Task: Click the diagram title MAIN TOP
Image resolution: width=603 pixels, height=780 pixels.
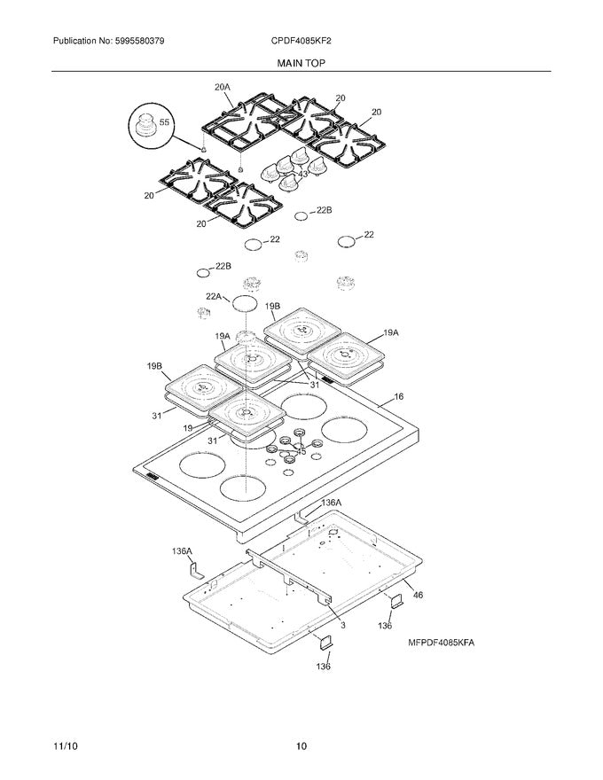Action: click(x=301, y=64)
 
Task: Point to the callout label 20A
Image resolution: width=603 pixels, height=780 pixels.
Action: click(x=222, y=87)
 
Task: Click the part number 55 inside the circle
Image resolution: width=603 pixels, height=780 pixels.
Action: click(x=163, y=121)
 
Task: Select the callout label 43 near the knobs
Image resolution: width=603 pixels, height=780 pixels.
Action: click(x=302, y=175)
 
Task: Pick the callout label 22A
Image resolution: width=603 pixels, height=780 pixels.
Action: click(x=214, y=296)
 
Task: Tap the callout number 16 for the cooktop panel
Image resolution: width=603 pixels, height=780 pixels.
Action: click(x=398, y=397)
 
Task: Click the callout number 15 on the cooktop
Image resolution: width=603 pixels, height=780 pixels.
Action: click(x=301, y=452)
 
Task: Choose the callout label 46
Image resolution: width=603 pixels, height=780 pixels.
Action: click(x=418, y=596)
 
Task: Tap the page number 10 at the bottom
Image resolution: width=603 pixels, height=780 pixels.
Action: click(x=301, y=746)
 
